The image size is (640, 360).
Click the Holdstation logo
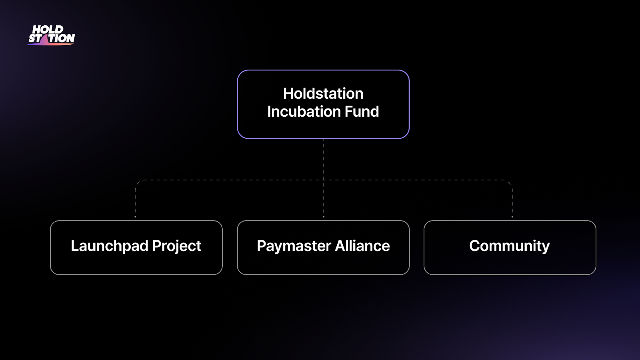(x=51, y=35)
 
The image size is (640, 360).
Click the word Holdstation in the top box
(x=323, y=94)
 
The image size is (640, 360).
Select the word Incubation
(x=304, y=112)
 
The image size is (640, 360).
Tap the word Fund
(x=362, y=112)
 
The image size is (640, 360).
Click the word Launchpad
(x=110, y=246)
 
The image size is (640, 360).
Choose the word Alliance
(x=362, y=246)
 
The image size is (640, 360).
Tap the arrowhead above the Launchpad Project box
(x=136, y=217)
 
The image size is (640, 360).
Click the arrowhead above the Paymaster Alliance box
(x=324, y=217)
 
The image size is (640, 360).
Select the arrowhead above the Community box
(x=512, y=217)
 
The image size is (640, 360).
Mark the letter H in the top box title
(x=288, y=94)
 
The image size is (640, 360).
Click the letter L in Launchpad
(x=75, y=246)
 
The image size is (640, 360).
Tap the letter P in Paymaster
(x=262, y=246)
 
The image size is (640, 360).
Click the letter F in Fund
(x=349, y=112)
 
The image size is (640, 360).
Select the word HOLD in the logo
(x=48, y=29)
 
